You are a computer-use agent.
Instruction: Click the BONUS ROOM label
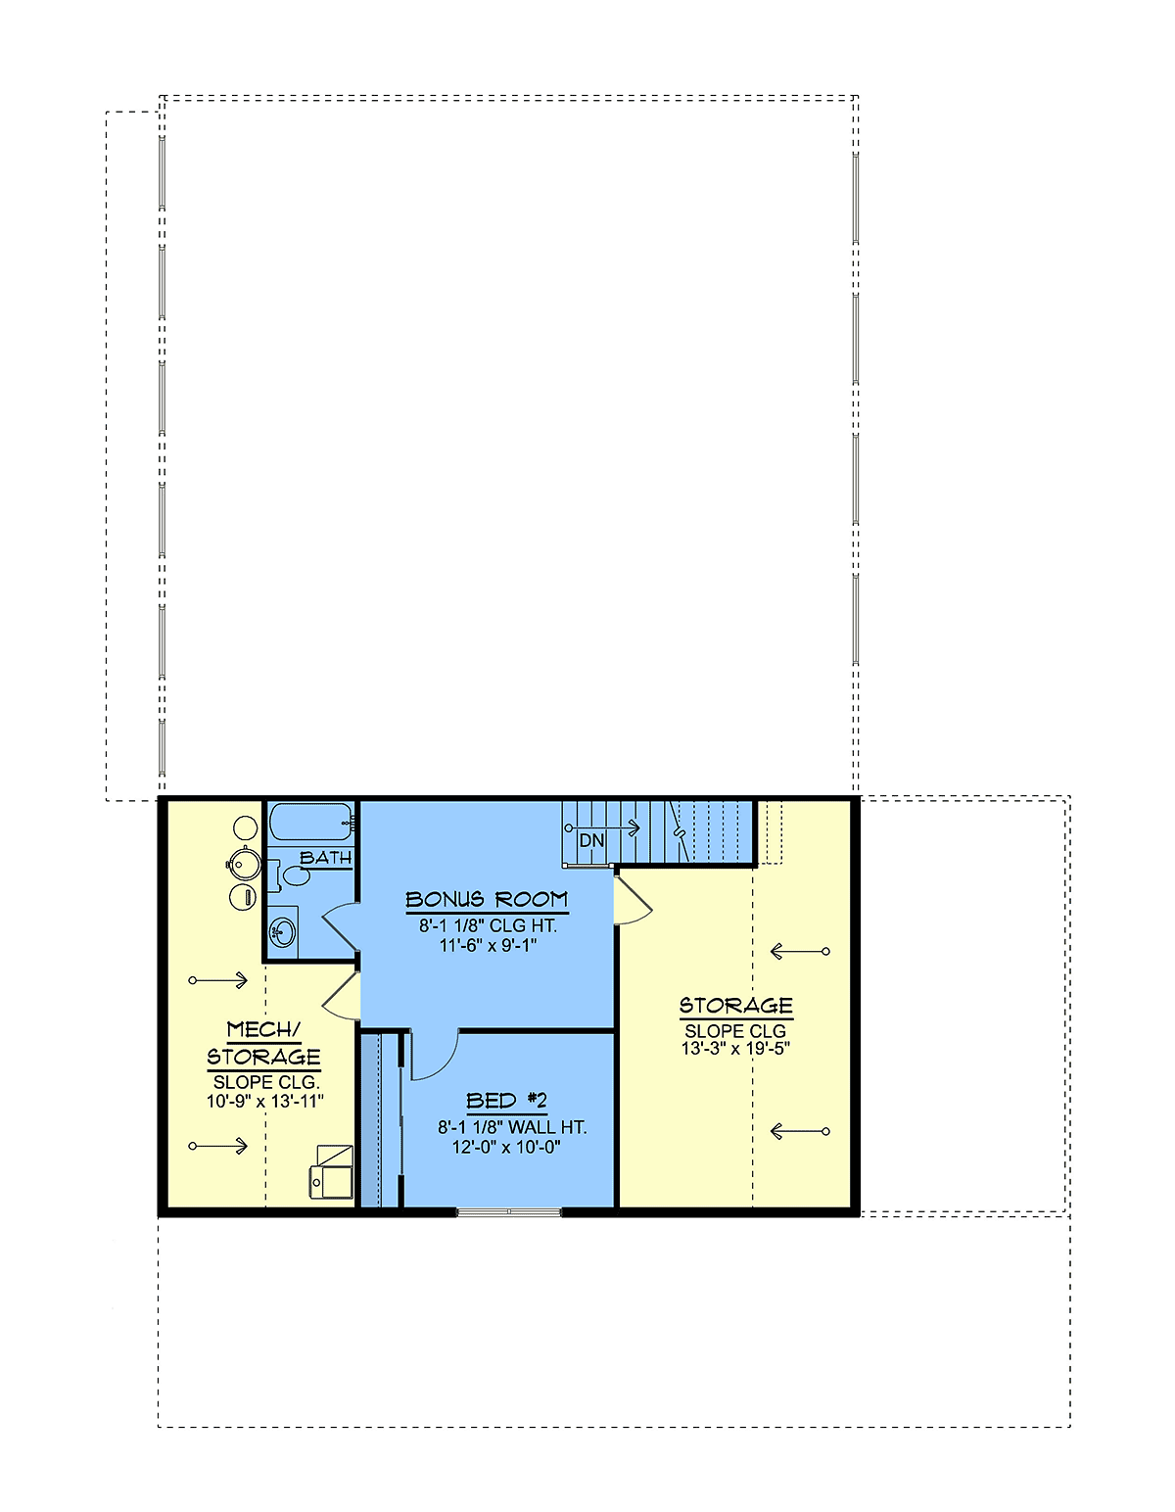click(487, 900)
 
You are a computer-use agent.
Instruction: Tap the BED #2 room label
click(506, 1101)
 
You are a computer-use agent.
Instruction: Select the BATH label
click(326, 858)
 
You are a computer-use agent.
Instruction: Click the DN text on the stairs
click(591, 840)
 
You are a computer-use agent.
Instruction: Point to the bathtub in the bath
click(310, 823)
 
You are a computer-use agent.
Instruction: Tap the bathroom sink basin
click(282, 930)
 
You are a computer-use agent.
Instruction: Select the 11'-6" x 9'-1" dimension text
click(489, 945)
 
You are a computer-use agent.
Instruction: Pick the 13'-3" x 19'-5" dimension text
click(736, 1049)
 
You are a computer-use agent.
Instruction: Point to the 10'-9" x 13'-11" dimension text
click(265, 1102)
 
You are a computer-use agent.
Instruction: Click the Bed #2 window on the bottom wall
click(508, 1211)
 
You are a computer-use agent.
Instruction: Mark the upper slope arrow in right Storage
click(800, 951)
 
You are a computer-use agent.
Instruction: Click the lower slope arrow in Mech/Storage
click(217, 1146)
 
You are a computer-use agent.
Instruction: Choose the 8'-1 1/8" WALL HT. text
click(512, 1127)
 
